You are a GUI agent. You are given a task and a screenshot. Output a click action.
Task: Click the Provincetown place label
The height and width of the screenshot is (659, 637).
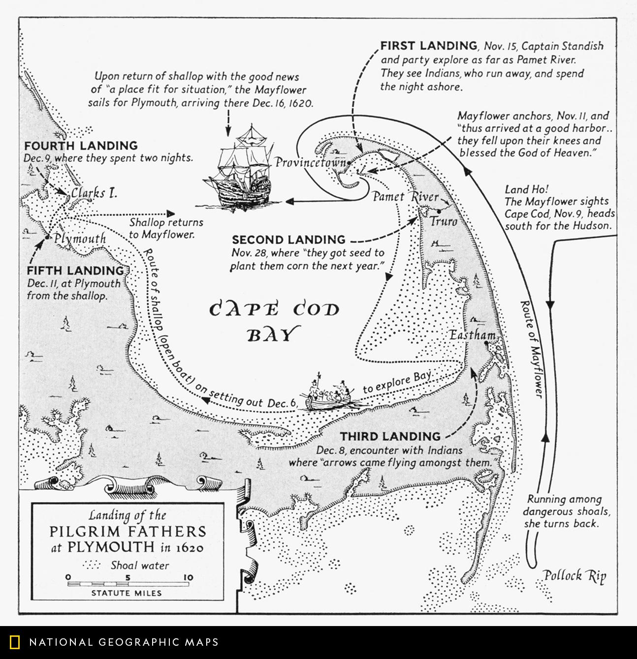[310, 163]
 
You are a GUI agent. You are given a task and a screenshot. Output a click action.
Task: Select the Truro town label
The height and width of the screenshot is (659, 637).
[444, 221]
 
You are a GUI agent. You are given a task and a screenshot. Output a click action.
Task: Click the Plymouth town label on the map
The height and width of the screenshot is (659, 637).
[80, 239]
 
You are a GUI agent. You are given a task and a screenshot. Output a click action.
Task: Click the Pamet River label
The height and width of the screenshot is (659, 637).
[405, 197]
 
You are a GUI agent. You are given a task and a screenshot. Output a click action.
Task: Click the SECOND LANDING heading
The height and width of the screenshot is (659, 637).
[288, 240]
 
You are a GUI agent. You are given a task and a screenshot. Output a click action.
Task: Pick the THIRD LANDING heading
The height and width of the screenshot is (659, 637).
[390, 436]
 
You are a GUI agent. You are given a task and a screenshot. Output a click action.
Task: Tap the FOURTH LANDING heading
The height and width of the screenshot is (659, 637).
[81, 146]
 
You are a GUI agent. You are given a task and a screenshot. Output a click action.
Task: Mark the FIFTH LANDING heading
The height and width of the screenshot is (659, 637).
[75, 270]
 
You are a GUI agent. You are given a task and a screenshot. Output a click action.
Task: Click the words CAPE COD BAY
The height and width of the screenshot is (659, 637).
[274, 321]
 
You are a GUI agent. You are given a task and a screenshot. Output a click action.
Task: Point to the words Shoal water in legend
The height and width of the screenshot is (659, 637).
[140, 566]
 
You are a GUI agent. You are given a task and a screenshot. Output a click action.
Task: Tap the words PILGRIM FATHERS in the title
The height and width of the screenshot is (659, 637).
[128, 532]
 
